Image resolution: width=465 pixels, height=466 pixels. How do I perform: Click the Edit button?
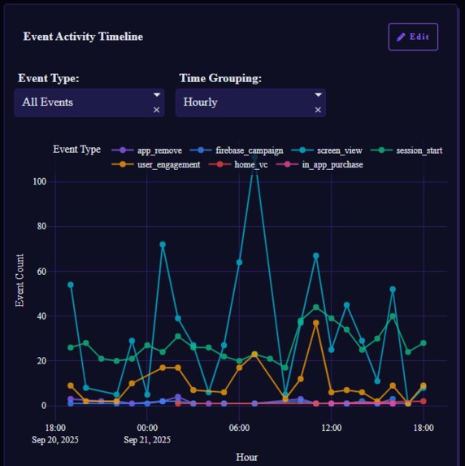[413, 37]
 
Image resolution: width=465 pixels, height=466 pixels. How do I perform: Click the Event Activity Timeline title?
[83, 37]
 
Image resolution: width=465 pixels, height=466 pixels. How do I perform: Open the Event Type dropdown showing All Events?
[81, 102]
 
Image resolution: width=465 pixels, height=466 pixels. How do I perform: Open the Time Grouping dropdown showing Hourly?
[244, 102]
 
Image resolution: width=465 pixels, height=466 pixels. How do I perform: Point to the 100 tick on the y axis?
[40, 181]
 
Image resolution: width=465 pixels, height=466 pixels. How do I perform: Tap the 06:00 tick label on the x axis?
[239, 427]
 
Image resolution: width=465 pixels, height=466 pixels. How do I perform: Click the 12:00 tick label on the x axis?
[331, 427]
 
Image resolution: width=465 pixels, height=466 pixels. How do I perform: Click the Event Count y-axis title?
[20, 281]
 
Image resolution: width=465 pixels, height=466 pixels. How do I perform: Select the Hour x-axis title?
[247, 457]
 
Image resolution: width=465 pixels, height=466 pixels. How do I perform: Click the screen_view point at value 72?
[163, 244]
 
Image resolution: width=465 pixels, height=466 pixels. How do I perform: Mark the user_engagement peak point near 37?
[316, 323]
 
